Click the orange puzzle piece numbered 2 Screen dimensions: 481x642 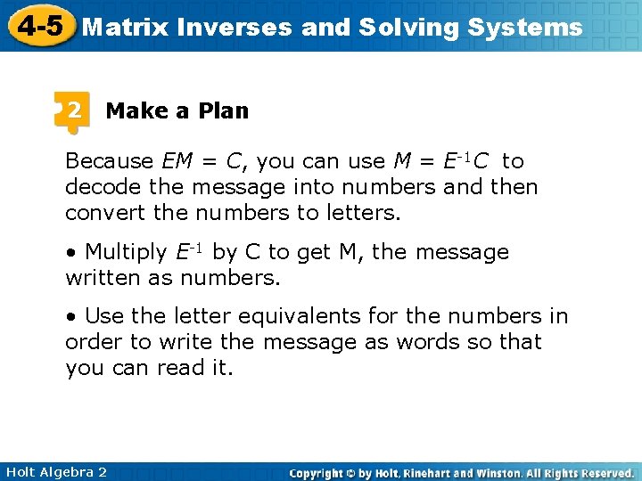coord(72,111)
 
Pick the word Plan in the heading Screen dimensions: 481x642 coord(223,111)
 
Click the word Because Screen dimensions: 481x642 coord(110,161)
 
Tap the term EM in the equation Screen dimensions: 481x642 coord(177,161)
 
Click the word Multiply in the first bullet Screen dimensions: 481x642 coord(126,252)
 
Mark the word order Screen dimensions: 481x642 coord(93,342)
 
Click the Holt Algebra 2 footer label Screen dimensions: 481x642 coord(55,472)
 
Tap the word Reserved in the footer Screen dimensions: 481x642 coord(604,473)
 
